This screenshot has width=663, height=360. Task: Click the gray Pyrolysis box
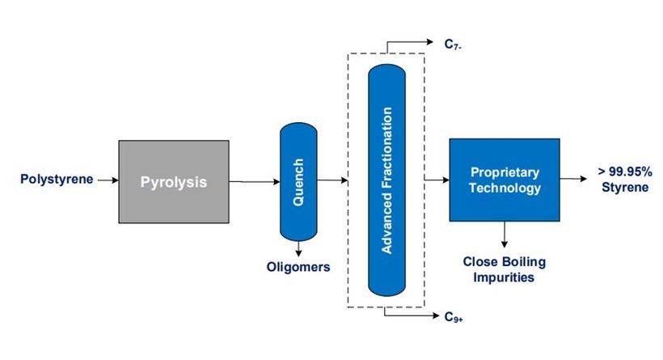click(x=173, y=181)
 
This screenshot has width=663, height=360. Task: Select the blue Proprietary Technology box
click(x=505, y=180)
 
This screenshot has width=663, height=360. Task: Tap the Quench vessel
click(x=298, y=181)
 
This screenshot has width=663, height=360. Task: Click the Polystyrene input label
click(x=57, y=179)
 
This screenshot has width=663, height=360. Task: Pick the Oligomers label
click(x=298, y=267)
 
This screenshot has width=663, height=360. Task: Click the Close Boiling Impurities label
click(x=505, y=269)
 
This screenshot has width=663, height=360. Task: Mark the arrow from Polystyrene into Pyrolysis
click(x=107, y=180)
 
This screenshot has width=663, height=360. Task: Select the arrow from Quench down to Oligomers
click(x=298, y=249)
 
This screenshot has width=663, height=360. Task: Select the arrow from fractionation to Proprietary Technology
click(x=437, y=180)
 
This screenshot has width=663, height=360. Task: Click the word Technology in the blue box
click(x=505, y=188)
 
